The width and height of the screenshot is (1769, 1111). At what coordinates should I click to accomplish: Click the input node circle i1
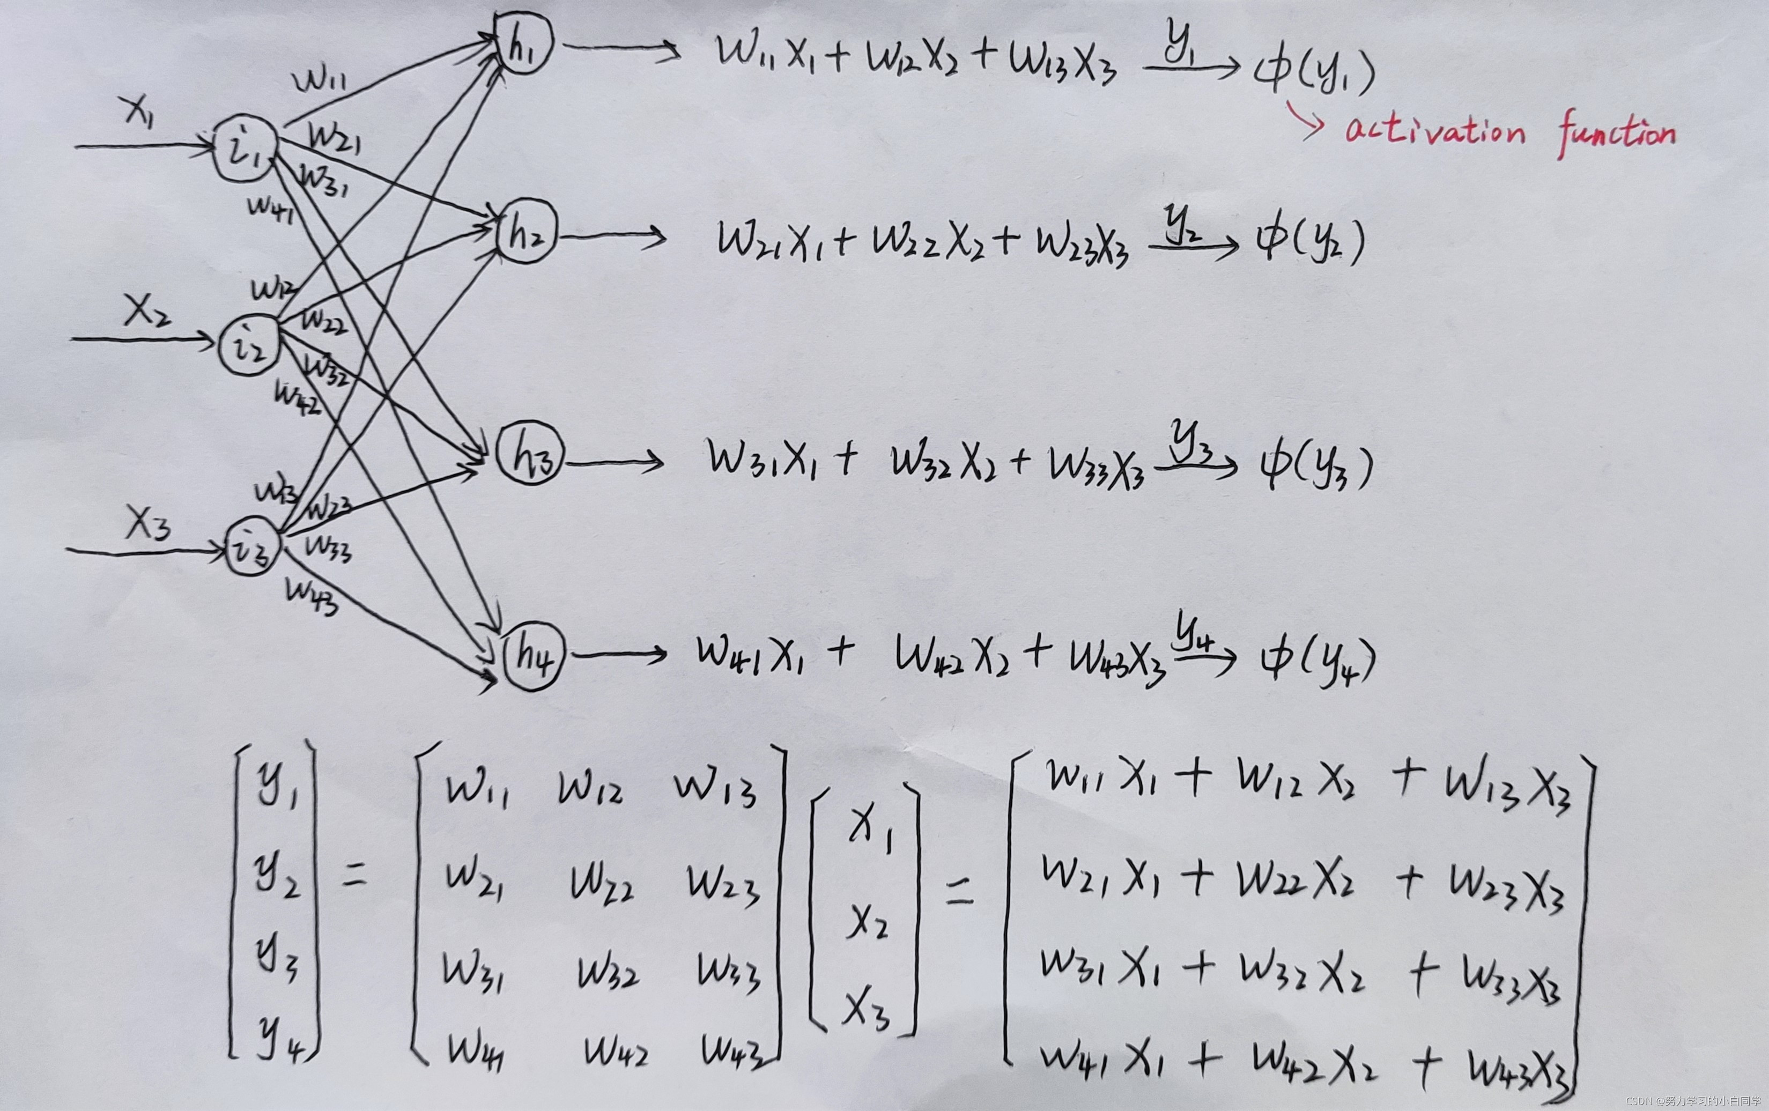click(245, 147)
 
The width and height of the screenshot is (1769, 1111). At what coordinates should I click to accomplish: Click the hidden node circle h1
click(522, 43)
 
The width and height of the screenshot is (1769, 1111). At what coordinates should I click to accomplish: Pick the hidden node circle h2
click(526, 232)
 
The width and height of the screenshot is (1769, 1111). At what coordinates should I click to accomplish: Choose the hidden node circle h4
click(534, 655)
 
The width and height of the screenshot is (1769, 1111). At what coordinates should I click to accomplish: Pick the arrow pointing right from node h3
click(615, 462)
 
